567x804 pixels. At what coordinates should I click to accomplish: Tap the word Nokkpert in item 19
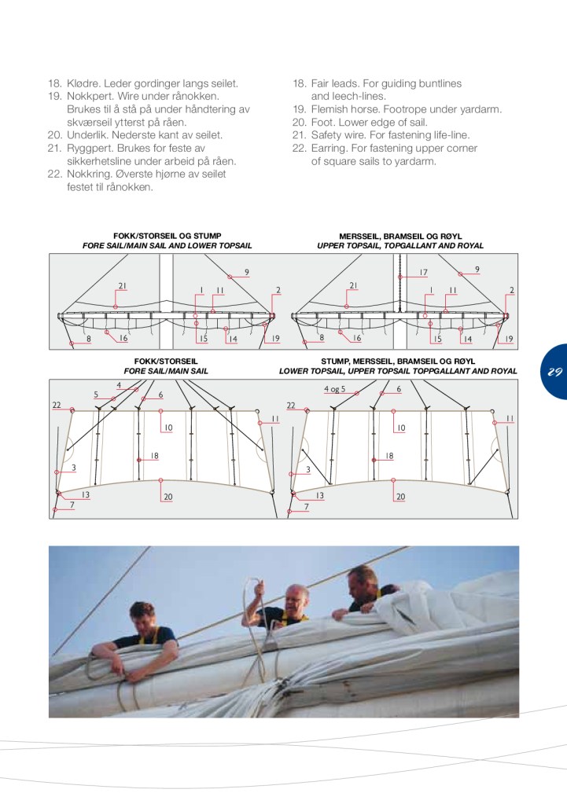tap(90, 96)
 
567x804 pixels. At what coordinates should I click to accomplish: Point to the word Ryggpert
tap(90, 149)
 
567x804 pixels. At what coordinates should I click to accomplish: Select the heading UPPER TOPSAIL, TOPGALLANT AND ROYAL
tap(399, 246)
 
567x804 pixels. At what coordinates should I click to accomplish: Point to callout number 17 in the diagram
tap(423, 273)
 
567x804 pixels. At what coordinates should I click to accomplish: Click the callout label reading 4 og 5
tap(334, 389)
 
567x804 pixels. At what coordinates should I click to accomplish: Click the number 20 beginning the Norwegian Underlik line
tap(54, 135)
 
